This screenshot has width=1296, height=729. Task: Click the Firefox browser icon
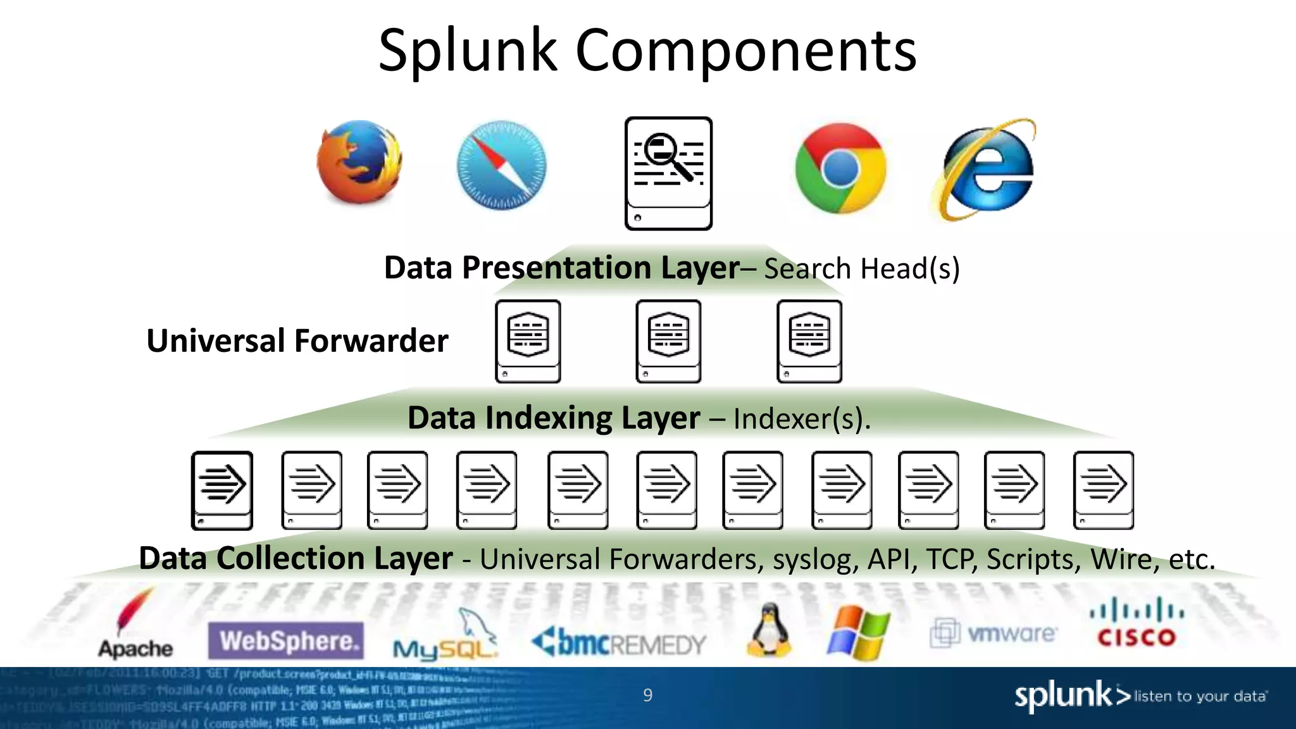click(x=359, y=163)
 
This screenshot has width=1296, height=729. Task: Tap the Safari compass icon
click(x=502, y=165)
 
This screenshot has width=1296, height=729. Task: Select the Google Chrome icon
click(x=840, y=168)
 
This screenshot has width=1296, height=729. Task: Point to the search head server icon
click(x=668, y=173)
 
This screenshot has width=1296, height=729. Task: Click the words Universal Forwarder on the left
click(x=297, y=340)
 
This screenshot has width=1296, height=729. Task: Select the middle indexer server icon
click(x=668, y=341)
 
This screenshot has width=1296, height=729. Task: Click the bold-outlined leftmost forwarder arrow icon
click(x=222, y=490)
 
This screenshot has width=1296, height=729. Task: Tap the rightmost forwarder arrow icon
click(x=1103, y=490)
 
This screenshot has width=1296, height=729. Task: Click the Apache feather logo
click(x=135, y=623)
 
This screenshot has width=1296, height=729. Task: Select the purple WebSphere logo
click(x=286, y=641)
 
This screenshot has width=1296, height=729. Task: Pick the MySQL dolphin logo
click(x=445, y=636)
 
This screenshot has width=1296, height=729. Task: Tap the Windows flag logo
click(x=858, y=632)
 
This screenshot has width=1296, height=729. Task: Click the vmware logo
click(x=993, y=632)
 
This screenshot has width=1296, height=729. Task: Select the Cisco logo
click(x=1137, y=624)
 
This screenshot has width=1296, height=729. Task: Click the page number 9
click(x=647, y=695)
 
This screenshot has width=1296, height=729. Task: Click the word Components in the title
click(x=745, y=51)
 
